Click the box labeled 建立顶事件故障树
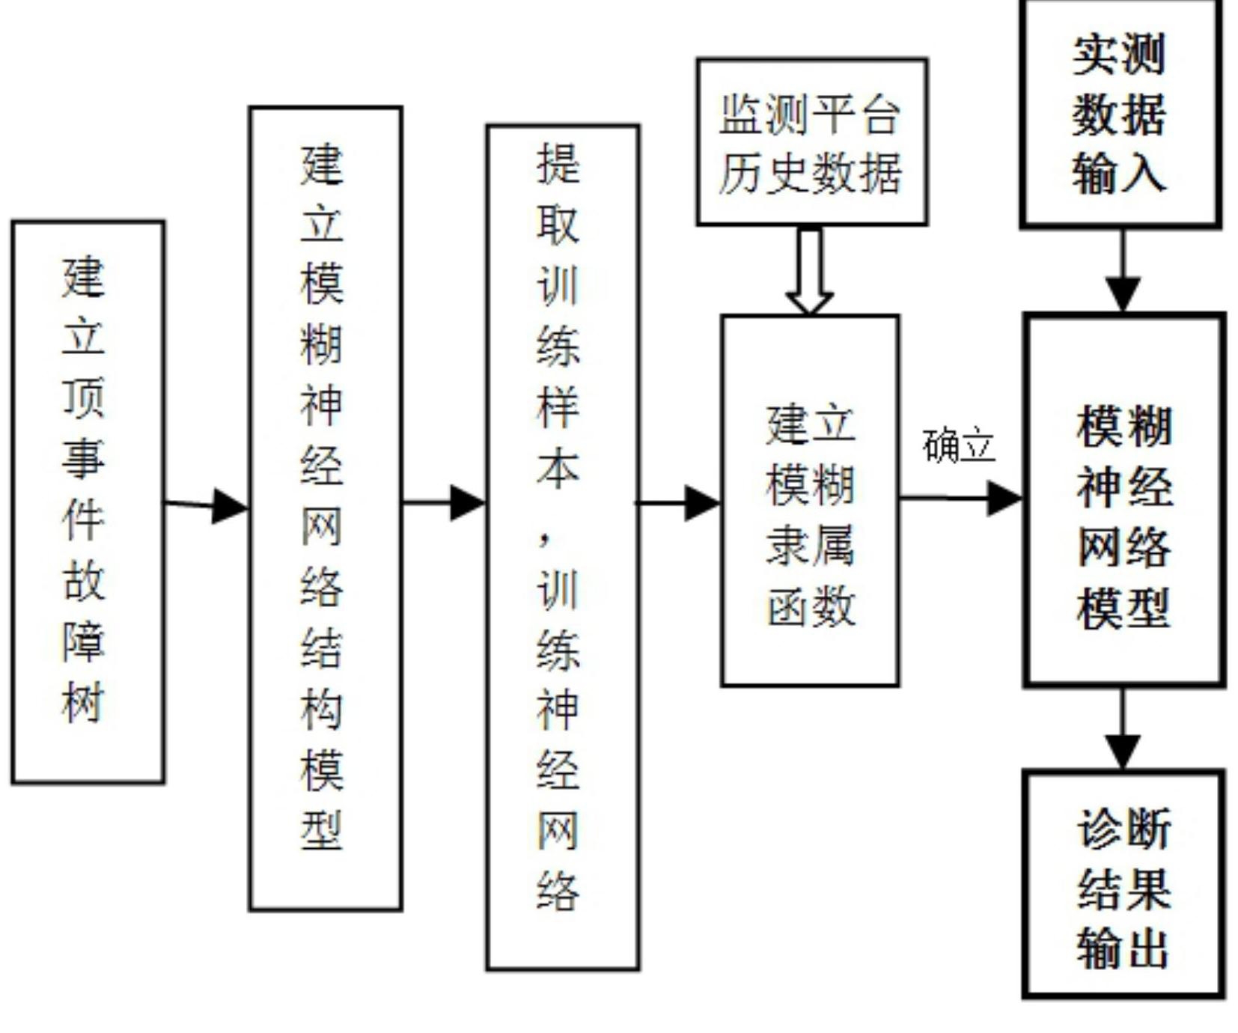click(x=88, y=502)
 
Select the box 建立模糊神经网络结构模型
click(x=326, y=508)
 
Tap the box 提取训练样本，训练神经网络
click(x=563, y=547)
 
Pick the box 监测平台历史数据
click(x=812, y=141)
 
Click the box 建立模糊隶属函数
click(x=810, y=500)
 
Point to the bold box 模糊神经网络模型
click(x=1123, y=499)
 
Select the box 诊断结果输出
click(x=1123, y=884)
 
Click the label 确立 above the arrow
click(x=959, y=446)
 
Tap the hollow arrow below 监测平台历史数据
click(x=810, y=270)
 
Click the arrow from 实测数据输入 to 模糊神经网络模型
click(x=1122, y=270)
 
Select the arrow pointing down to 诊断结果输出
click(x=1122, y=728)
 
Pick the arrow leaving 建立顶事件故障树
click(x=207, y=505)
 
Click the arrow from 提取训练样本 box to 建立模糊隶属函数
click(x=677, y=503)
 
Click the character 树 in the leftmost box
click(x=83, y=701)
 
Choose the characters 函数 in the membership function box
click(x=811, y=605)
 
